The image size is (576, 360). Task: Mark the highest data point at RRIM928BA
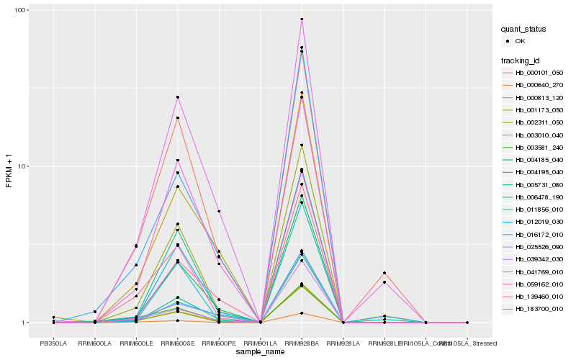(302, 19)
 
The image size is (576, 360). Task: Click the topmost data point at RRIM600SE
(177, 97)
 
